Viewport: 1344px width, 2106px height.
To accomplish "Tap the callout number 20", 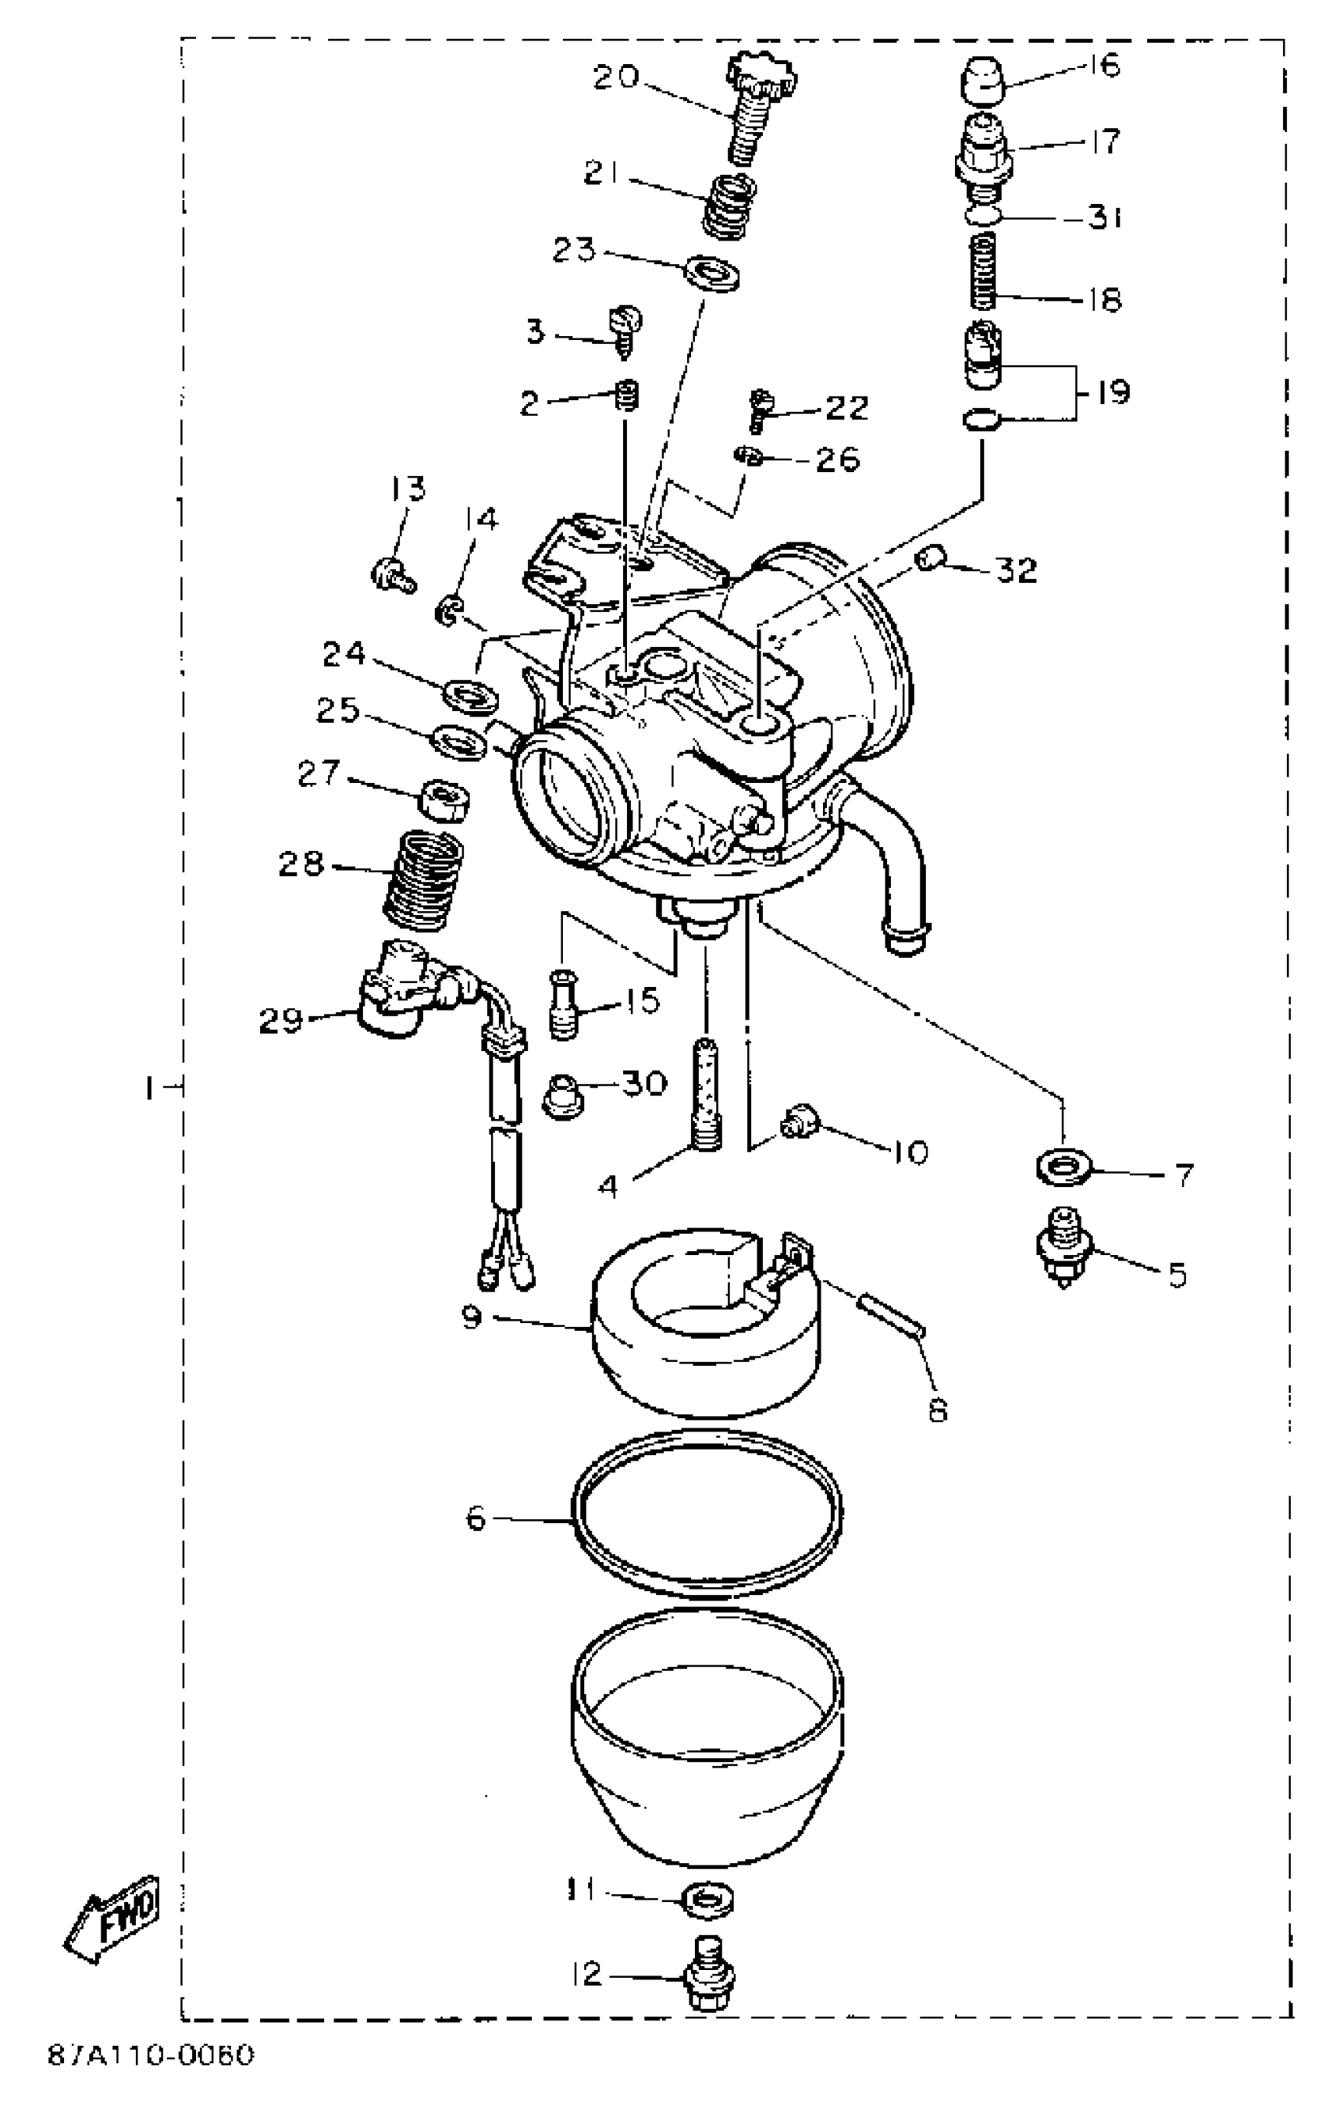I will click(x=617, y=77).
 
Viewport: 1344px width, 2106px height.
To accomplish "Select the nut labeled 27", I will click(x=446, y=799).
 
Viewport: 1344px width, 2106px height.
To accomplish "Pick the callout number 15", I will click(x=644, y=1000).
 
